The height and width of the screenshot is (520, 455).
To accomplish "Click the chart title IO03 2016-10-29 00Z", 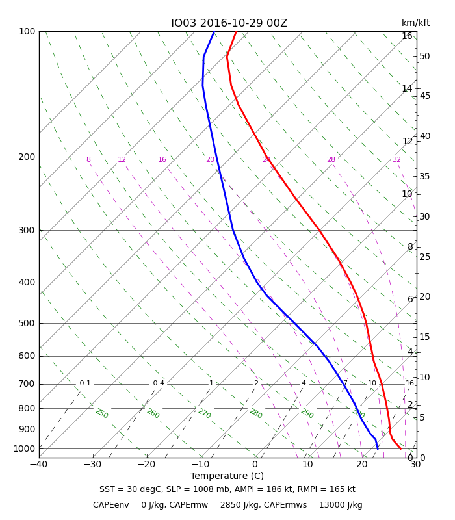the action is click(x=229, y=23).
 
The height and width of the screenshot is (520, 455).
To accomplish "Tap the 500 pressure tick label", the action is click(x=27, y=323).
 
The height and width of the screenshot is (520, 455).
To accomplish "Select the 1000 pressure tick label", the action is click(x=24, y=448).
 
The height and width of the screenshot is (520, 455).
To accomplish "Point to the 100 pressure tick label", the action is click(x=27, y=31).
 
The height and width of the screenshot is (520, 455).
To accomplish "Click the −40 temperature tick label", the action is click(x=39, y=464).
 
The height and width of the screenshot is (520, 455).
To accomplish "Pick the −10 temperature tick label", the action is click(x=200, y=464).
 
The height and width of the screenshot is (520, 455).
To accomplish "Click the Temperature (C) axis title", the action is click(x=227, y=476).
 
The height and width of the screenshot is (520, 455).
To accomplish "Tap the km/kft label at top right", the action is click(x=415, y=23).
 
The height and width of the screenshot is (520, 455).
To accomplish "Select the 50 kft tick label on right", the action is click(x=424, y=56).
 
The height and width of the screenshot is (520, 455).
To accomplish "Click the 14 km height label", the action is click(x=408, y=88).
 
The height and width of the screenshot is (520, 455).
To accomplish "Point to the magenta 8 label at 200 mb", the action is click(x=88, y=159).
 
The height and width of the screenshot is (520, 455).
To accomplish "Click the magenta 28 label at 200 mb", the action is click(x=331, y=159).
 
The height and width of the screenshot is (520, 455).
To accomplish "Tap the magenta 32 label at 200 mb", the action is click(x=396, y=159).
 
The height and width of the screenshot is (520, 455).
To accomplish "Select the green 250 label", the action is click(x=102, y=413).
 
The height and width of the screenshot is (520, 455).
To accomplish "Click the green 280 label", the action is click(x=255, y=413).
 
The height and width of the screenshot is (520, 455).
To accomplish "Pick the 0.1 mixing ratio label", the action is click(x=85, y=383).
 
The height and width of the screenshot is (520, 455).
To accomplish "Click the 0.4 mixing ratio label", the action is click(x=159, y=383).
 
